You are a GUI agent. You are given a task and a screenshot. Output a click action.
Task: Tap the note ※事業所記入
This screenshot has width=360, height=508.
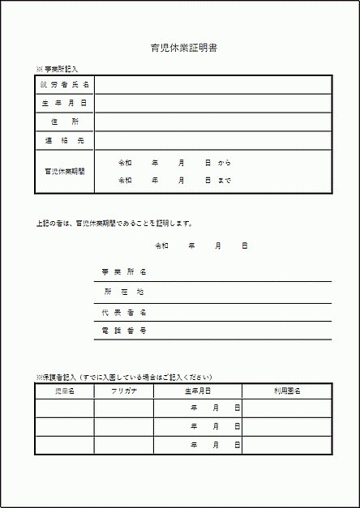click(x=57, y=70)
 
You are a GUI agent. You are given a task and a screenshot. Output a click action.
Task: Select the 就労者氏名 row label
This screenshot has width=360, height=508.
click(x=65, y=84)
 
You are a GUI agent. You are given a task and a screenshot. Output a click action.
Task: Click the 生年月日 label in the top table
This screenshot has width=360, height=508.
click(x=65, y=103)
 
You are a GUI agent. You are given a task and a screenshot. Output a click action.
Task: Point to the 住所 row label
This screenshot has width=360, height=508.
click(x=65, y=122)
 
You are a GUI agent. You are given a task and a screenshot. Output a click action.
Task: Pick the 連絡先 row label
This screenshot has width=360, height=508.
click(x=65, y=140)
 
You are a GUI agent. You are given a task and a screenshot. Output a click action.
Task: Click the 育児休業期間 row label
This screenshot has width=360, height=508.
click(x=65, y=171)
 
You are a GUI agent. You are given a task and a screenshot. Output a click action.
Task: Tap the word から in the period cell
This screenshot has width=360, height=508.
click(x=225, y=162)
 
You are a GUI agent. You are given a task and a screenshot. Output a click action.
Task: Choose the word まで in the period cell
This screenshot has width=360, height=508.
click(x=225, y=180)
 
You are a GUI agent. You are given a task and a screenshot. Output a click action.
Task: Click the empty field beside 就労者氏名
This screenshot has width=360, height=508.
click(x=213, y=84)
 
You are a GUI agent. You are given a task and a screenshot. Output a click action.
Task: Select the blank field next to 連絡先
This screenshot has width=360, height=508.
click(x=213, y=140)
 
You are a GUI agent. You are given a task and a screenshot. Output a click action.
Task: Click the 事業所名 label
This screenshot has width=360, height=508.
click(x=123, y=271)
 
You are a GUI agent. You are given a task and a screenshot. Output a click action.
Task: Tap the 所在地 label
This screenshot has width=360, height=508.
click(x=123, y=292)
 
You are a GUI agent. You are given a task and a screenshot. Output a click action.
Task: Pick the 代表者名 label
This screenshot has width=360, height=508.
click(x=123, y=312)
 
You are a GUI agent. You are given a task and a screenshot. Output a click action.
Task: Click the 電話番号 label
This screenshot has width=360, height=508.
click(x=123, y=331)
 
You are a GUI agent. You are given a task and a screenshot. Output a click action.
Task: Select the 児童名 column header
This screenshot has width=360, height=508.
click(x=64, y=391)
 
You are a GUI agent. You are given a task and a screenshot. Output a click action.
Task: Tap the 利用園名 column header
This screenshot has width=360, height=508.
click(x=286, y=391)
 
